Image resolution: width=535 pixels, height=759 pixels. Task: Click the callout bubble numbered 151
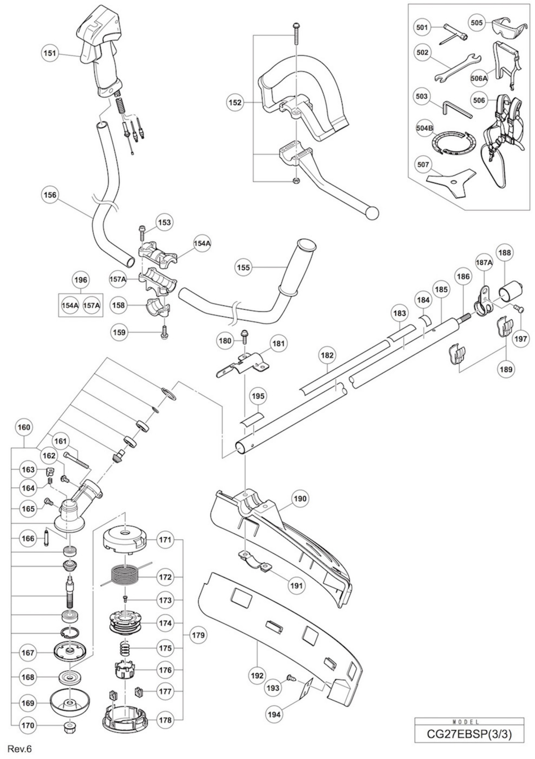point(50,53)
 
